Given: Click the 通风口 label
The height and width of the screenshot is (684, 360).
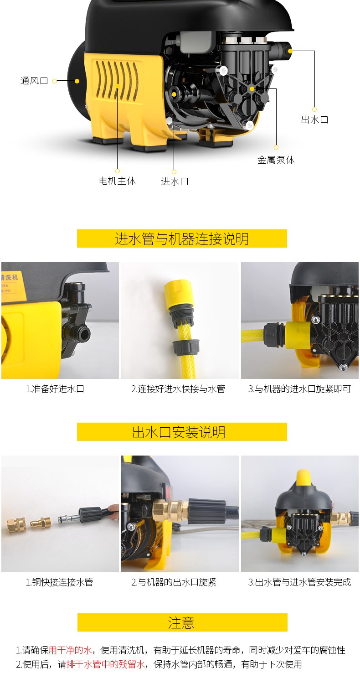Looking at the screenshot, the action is coord(34,81).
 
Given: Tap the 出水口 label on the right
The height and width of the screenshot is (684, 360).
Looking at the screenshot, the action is coord(314,119).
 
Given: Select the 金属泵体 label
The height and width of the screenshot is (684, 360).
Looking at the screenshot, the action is coord(276,160).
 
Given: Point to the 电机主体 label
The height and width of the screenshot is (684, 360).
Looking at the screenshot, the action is coord(118,181).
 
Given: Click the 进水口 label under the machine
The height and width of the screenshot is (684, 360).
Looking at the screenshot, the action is coord(175,181).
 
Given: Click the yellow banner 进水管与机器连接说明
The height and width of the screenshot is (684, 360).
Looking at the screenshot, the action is coord(182,238).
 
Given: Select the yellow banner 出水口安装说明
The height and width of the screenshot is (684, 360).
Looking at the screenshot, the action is coord(182,432).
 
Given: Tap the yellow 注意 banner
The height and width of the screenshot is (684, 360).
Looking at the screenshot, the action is coord(182,622).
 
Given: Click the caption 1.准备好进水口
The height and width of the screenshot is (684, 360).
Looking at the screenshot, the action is coord(55,389).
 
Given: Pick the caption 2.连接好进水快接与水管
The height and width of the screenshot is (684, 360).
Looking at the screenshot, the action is coord(178,389).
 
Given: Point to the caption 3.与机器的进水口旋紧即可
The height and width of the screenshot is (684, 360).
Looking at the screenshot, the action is coord(299,389).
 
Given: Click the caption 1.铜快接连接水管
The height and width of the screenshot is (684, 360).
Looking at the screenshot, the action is coord(60,582).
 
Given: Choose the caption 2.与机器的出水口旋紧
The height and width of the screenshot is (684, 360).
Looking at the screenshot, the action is coord(174,582).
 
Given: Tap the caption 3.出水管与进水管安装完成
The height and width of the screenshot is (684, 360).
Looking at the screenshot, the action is coord(299,582).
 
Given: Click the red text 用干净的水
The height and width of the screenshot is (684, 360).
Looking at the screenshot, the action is coord(70,650).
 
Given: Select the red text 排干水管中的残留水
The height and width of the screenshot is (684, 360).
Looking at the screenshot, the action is coord(106,664).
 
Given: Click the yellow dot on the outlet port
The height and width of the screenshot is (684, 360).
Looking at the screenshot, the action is coord(290,51).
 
